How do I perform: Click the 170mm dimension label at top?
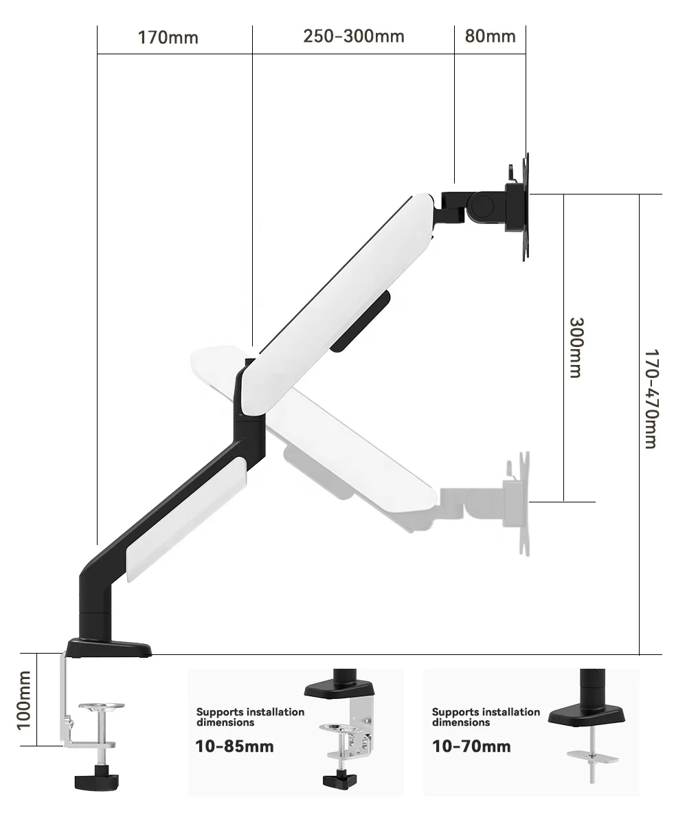pyautogui.click(x=168, y=37)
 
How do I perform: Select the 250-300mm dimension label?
pyautogui.click(x=353, y=36)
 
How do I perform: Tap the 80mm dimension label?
pyautogui.click(x=490, y=36)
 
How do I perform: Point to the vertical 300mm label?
pyautogui.click(x=576, y=347)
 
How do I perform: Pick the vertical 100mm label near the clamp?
pyautogui.click(x=24, y=700)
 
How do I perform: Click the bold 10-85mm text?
pyautogui.click(x=235, y=746)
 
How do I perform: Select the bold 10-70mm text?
pyautogui.click(x=471, y=746)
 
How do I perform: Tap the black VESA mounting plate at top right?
pyautogui.click(x=524, y=206)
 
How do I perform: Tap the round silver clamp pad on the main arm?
pyautogui.click(x=101, y=707)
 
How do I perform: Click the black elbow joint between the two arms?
pyautogui.click(x=249, y=406)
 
